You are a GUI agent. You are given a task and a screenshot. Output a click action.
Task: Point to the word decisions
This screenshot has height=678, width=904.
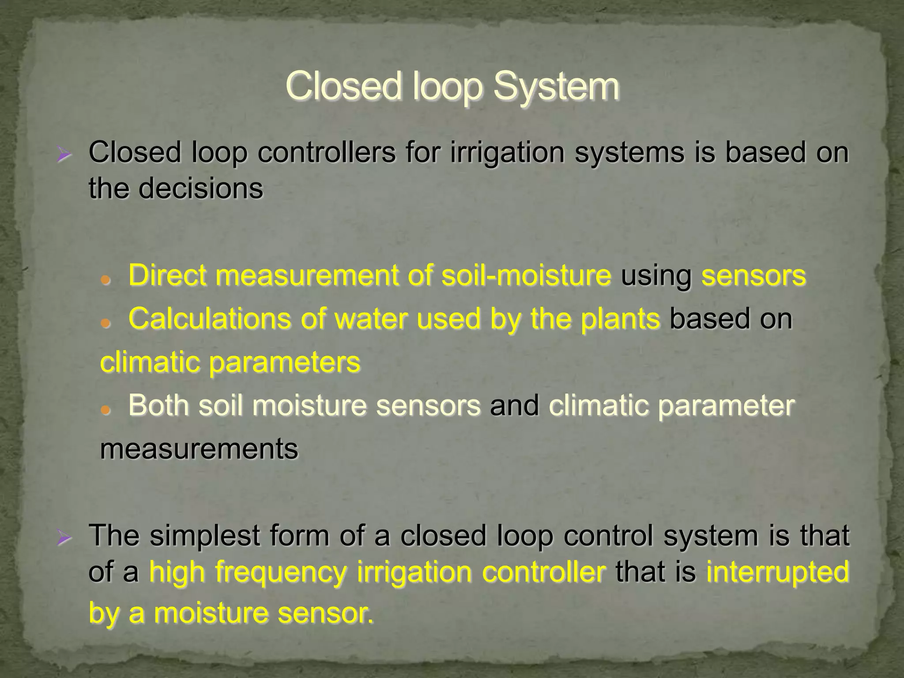(x=201, y=189)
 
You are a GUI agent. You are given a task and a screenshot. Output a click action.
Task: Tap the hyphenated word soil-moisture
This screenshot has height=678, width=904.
(x=526, y=275)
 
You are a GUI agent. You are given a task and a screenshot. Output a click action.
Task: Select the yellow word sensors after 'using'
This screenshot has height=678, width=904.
(x=753, y=275)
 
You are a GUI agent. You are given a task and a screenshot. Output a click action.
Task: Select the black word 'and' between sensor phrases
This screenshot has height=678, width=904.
(x=514, y=405)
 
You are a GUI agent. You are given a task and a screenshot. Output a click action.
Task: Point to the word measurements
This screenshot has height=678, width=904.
(x=199, y=449)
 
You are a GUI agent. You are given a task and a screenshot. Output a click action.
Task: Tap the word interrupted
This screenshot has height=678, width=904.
(x=777, y=572)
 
